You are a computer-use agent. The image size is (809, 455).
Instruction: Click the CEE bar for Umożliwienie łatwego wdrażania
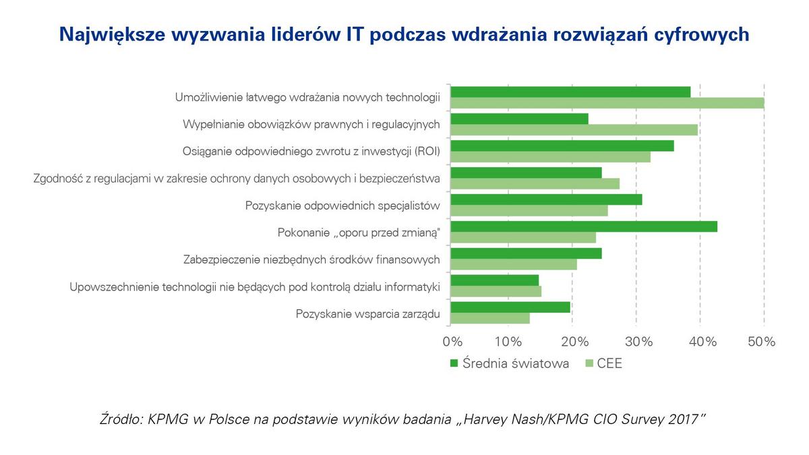[607, 103]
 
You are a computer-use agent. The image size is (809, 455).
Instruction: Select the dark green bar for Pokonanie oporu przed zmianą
[584, 226]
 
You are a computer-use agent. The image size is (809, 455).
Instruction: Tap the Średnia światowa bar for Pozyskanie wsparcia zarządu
[510, 307]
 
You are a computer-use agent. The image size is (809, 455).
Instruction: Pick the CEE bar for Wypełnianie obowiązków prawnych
[574, 130]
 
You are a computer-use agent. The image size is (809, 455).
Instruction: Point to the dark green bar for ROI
[562, 146]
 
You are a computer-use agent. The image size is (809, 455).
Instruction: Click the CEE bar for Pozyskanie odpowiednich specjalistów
[529, 211]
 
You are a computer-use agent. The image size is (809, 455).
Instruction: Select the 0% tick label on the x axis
[452, 342]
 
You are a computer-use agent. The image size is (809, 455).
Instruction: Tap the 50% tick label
[762, 342]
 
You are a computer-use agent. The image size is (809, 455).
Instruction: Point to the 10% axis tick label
[513, 342]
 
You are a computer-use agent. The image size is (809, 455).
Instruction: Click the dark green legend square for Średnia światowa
[454, 364]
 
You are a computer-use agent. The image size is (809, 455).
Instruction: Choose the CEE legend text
[609, 364]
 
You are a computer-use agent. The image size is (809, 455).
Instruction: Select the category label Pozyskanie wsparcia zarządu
[368, 313]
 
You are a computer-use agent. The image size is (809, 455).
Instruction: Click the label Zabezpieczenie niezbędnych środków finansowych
[311, 260]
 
